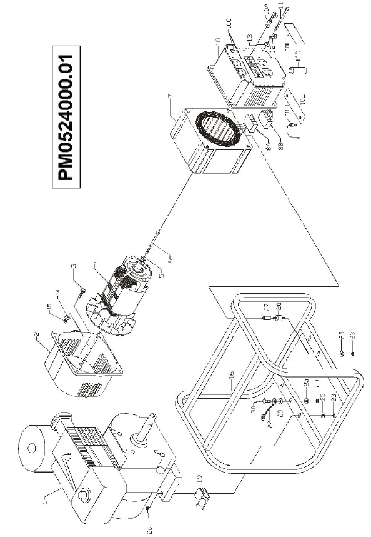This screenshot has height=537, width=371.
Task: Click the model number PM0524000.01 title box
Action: [x=67, y=116]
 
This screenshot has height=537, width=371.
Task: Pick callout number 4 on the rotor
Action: [x=92, y=269]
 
